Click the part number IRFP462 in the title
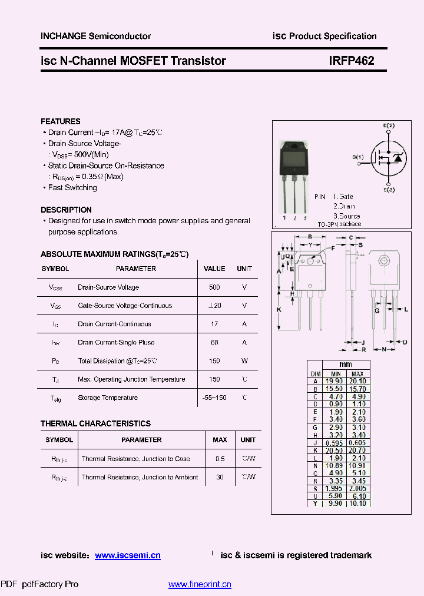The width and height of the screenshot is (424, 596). [352, 60]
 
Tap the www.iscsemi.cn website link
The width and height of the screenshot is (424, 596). [127, 555]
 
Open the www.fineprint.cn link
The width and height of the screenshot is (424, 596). [200, 584]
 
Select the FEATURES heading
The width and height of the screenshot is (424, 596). [61, 121]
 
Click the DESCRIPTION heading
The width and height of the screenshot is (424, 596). [66, 210]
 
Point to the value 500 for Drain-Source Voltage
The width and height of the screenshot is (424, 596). [214, 287]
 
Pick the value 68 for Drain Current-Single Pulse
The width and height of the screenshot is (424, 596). [214, 342]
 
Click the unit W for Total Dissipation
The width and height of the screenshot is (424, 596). [244, 360]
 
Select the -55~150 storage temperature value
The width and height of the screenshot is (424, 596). [214, 398]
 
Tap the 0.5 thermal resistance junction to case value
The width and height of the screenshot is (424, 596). [220, 459]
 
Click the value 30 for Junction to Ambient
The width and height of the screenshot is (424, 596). [220, 477]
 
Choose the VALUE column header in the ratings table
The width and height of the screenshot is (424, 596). [214, 269]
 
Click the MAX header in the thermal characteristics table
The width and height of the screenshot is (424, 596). [220, 440]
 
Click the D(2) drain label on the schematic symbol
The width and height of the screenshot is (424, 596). [389, 125]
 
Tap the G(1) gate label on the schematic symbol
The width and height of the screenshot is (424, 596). [359, 157]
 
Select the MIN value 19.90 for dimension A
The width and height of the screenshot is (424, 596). [336, 381]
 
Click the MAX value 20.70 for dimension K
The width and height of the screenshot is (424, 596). [357, 450]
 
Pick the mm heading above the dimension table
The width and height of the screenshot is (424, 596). [346, 365]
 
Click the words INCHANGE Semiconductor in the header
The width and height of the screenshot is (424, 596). [95, 36]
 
